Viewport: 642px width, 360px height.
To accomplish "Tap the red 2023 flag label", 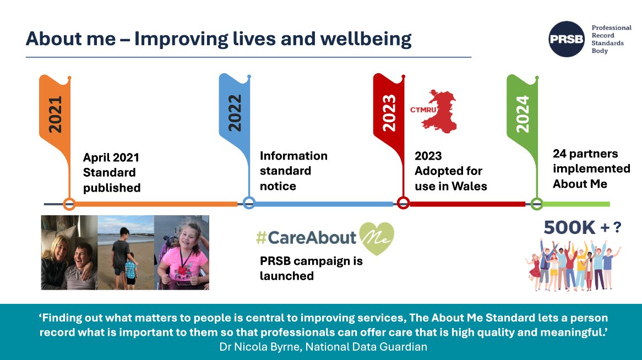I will (389, 113).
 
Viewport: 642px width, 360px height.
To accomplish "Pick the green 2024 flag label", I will (522, 113).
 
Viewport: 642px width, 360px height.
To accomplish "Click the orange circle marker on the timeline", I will (69, 204).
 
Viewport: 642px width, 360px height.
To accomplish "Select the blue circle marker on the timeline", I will (249, 203).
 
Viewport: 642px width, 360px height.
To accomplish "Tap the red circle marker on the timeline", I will (403, 203).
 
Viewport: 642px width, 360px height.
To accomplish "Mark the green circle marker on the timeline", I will (536, 204).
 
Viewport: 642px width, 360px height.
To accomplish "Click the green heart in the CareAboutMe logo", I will (377, 238).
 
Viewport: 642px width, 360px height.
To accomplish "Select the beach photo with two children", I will (125, 252).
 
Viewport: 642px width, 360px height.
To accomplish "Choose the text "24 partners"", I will (585, 154).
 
